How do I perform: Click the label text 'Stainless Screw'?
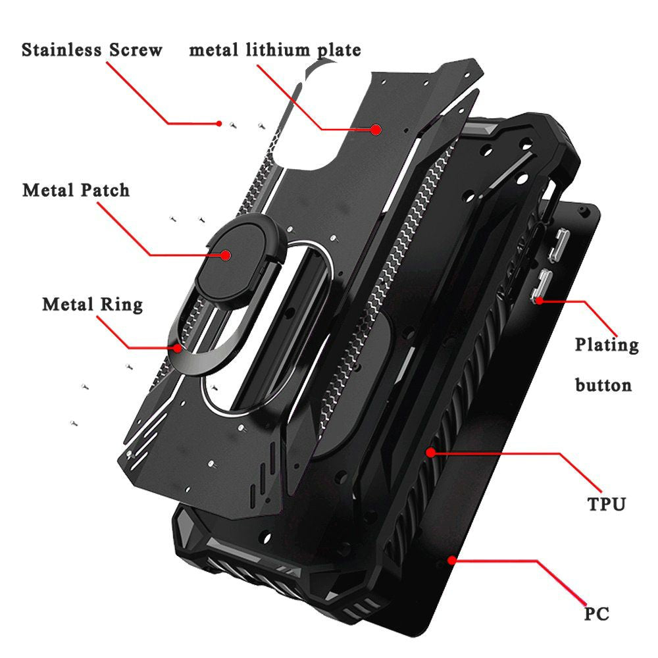click(x=92, y=49)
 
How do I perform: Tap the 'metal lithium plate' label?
click(x=275, y=50)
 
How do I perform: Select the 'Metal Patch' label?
click(x=76, y=190)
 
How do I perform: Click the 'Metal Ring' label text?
click(x=93, y=305)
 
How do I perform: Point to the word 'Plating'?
click(x=607, y=345)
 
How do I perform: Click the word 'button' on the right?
click(x=603, y=385)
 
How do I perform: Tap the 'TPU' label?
click(x=607, y=503)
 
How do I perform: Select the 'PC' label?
click(x=597, y=613)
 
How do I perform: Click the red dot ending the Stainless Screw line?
click(x=219, y=124)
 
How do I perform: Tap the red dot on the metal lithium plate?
click(x=376, y=129)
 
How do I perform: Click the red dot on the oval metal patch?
click(x=226, y=255)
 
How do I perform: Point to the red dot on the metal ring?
click(x=179, y=348)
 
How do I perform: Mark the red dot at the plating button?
click(x=540, y=301)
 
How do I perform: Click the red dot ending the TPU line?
click(x=430, y=453)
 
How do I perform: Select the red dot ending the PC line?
click(x=451, y=560)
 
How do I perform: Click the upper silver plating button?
click(x=558, y=245)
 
